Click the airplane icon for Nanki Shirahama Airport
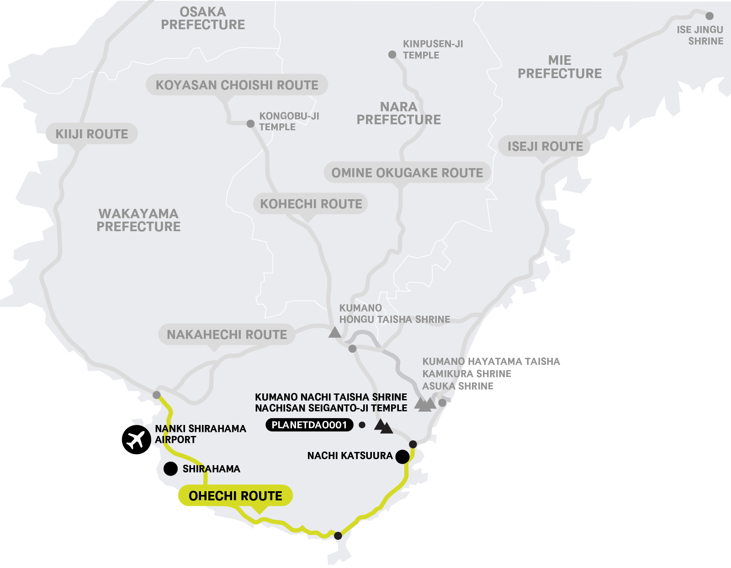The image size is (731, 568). (136, 440)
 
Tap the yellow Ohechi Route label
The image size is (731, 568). (235, 496)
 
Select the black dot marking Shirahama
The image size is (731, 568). (170, 469)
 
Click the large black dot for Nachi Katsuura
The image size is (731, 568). (402, 457)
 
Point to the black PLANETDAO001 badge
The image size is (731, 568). (309, 425)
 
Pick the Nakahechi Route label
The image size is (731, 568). (227, 334)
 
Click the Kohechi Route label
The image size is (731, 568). (311, 204)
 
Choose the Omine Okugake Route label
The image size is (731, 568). (407, 173)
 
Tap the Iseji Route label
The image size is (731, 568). (545, 146)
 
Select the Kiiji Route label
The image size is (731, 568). (91, 134)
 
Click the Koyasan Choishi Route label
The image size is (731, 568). (237, 85)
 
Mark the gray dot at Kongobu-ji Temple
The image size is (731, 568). (250, 124)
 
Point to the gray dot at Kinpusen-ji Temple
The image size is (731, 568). (392, 55)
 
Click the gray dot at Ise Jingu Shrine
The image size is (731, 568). (709, 16)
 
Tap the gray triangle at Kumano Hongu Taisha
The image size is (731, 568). (335, 332)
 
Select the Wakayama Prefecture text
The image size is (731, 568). (138, 220)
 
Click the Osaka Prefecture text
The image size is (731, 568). (203, 18)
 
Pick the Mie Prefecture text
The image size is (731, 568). (560, 67)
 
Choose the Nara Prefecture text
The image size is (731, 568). (398, 113)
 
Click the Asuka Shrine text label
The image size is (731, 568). (458, 386)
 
